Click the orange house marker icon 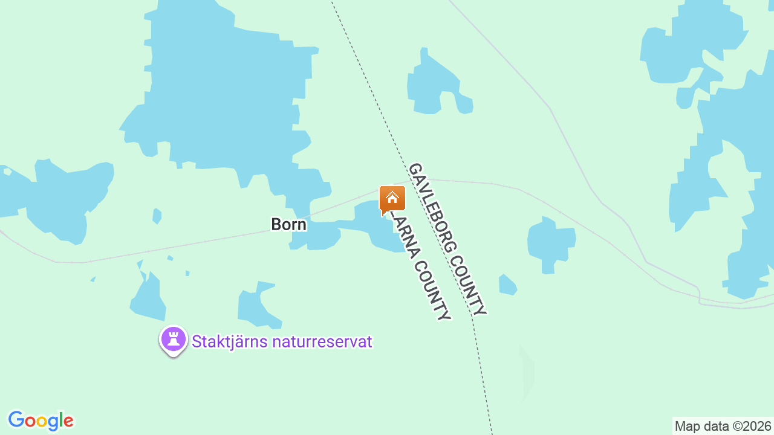392,199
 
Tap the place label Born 288,225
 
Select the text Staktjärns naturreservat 282,342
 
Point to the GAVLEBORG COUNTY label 447,239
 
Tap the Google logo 41,420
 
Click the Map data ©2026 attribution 723,426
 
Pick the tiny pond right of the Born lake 507,285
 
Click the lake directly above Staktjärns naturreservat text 256,306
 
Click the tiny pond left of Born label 157,216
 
